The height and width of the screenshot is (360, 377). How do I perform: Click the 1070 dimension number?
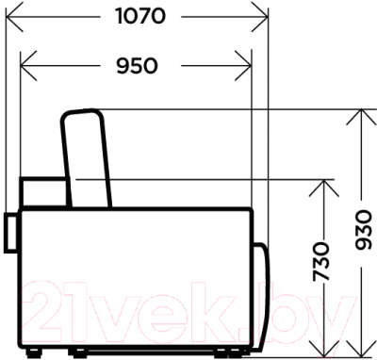tap(140, 16)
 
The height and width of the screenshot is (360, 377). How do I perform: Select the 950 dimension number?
tap(137, 66)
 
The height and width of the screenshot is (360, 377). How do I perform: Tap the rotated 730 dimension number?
tap(321, 261)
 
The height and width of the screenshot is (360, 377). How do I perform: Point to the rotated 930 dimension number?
tap(364, 231)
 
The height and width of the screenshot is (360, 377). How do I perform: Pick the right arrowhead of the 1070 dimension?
tap(260, 16)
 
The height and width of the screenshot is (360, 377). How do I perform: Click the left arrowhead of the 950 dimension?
tap(28, 66)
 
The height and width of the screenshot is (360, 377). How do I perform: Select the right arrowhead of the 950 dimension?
tap(243, 66)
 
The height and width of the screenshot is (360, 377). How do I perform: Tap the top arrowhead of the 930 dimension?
tap(362, 117)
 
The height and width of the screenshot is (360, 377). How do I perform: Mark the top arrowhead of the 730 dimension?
tap(323, 188)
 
